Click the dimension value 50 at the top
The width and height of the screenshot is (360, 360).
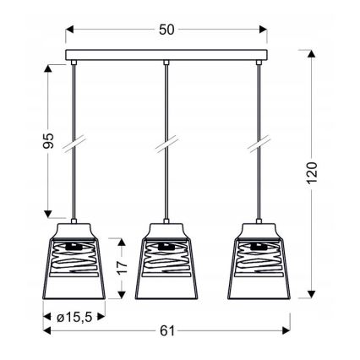point(166,30)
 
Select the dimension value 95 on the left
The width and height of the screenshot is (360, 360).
point(49,142)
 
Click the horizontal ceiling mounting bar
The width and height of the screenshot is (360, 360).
point(166,57)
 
